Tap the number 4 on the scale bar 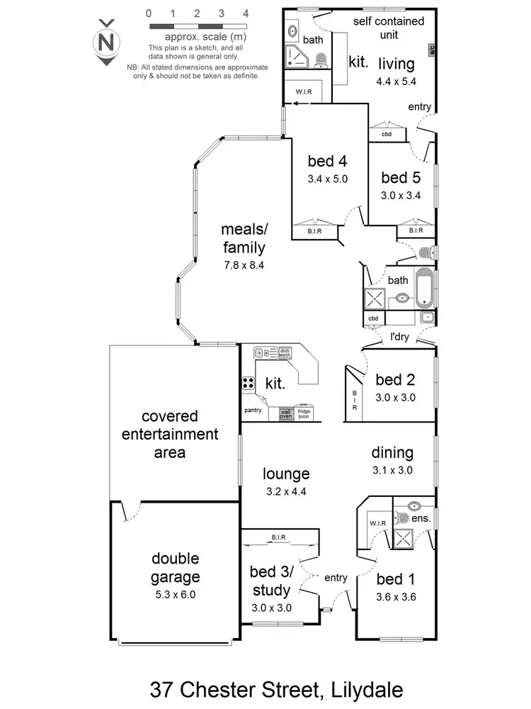pos(245,13)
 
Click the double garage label pos(175,567)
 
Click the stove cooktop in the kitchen pos(249,383)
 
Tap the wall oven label pos(285,413)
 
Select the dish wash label pos(285,352)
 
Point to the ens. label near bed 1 pos(421,518)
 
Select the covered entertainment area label pos(169,433)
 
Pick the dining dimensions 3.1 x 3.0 pos(393,469)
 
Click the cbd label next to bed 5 pos(387,133)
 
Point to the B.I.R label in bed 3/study pos(278,537)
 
